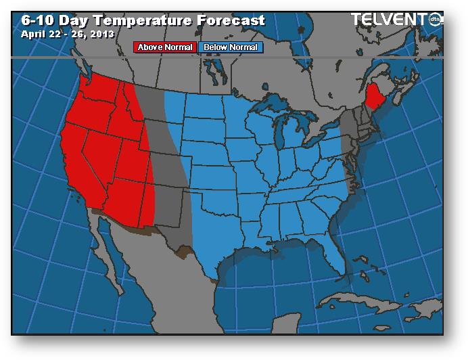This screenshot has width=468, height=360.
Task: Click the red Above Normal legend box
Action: (x=165, y=47)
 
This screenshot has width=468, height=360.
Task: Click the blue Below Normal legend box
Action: (x=230, y=47)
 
